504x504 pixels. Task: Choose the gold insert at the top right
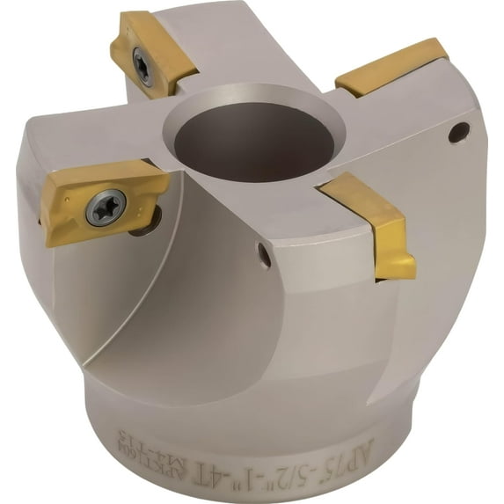tap(391, 66)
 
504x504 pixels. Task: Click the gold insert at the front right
tap(374, 220)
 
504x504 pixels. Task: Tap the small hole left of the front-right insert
tap(263, 255)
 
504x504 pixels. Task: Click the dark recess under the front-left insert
tap(143, 223)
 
